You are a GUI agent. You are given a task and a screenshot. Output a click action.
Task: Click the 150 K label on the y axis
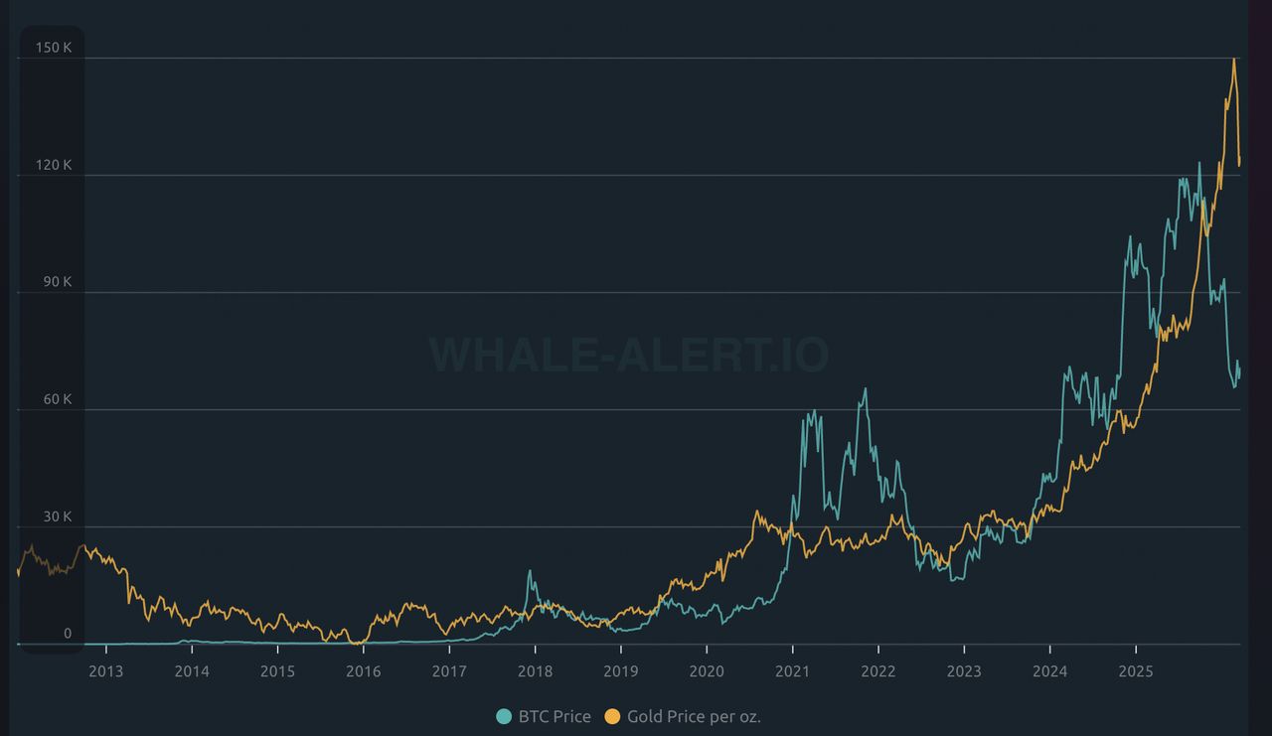tap(54, 48)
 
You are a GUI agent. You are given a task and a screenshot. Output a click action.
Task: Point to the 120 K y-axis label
tap(54, 165)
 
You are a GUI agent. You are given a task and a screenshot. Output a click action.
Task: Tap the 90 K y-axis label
tap(58, 282)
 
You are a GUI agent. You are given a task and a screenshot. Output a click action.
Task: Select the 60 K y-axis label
tap(58, 399)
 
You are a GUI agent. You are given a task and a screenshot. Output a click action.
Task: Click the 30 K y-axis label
tap(58, 516)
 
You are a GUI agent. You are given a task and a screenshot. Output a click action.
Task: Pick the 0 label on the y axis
tap(68, 634)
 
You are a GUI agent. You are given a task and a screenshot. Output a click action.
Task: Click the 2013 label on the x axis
tap(105, 671)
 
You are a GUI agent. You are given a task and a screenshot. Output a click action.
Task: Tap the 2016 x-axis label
tap(363, 671)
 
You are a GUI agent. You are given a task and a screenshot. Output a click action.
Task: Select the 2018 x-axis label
tap(535, 671)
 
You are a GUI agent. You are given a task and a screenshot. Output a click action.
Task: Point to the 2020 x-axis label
tap(707, 671)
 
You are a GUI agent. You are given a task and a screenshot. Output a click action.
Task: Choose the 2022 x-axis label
tap(877, 671)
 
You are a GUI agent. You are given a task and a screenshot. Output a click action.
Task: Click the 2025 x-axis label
tap(1136, 671)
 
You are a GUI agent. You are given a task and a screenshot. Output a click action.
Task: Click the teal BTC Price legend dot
tap(504, 717)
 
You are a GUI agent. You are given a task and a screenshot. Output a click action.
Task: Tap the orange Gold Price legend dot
tap(612, 717)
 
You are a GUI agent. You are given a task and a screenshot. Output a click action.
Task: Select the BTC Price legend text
tap(555, 717)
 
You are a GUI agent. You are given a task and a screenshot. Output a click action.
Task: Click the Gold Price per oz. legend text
tap(694, 717)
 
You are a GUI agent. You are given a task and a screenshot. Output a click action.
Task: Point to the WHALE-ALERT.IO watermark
tap(629, 355)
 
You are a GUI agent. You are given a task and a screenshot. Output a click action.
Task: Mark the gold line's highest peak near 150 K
tap(1233, 59)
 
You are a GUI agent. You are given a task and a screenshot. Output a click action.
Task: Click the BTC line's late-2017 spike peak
tap(530, 571)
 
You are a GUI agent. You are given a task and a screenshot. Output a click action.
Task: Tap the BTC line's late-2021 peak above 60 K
tap(866, 388)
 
